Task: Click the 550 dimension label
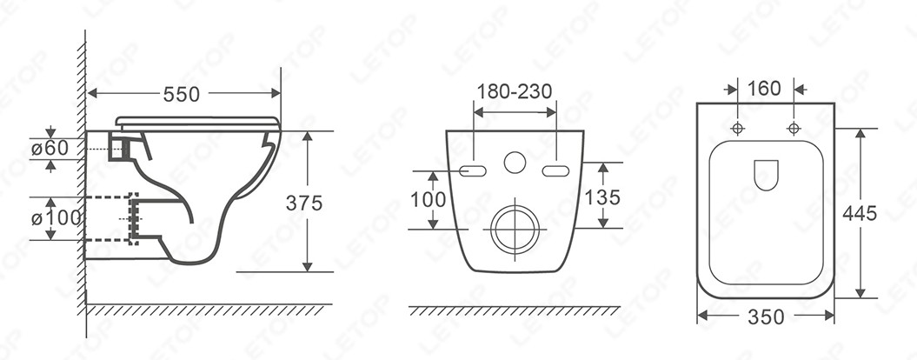[x=182, y=94]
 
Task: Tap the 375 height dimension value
[x=304, y=203]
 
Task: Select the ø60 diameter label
[x=50, y=149]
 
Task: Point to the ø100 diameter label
[x=56, y=218]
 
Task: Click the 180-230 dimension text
[x=515, y=91]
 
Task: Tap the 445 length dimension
[x=860, y=214]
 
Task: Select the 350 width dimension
[x=766, y=317]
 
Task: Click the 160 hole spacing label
[x=764, y=89]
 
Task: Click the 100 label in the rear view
[x=429, y=200]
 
